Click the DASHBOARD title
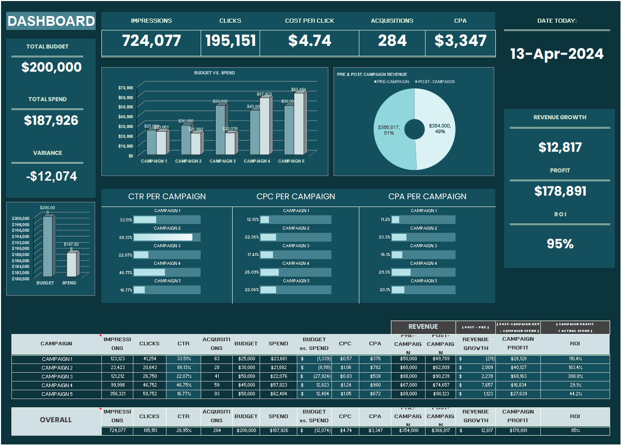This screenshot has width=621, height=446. pyautogui.click(x=51, y=21)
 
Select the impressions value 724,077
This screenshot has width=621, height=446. pyautogui.click(x=152, y=41)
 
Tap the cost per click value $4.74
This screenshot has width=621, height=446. pyautogui.click(x=309, y=41)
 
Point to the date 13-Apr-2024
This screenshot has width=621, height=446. pyautogui.click(x=557, y=54)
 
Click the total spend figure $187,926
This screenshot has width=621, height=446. pyautogui.click(x=51, y=121)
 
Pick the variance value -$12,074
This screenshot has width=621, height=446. pyautogui.click(x=51, y=177)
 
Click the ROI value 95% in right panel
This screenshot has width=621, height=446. pyautogui.click(x=561, y=244)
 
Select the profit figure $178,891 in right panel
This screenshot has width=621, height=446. pyautogui.click(x=561, y=192)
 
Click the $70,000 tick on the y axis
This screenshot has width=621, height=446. pyautogui.click(x=126, y=88)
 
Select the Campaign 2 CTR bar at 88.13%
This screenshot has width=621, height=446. pyautogui.click(x=163, y=237)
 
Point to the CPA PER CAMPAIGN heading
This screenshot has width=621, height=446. pyautogui.click(x=427, y=197)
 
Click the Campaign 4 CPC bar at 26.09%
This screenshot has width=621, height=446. pyautogui.click(x=269, y=272)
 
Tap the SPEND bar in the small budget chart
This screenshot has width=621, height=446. pyautogui.click(x=72, y=264)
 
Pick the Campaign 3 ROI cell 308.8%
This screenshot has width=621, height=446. pyautogui.click(x=575, y=376)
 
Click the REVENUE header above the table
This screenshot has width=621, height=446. pyautogui.click(x=423, y=327)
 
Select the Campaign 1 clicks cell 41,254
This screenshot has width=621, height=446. pyautogui.click(x=149, y=359)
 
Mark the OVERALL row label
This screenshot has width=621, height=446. pyautogui.click(x=56, y=420)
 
